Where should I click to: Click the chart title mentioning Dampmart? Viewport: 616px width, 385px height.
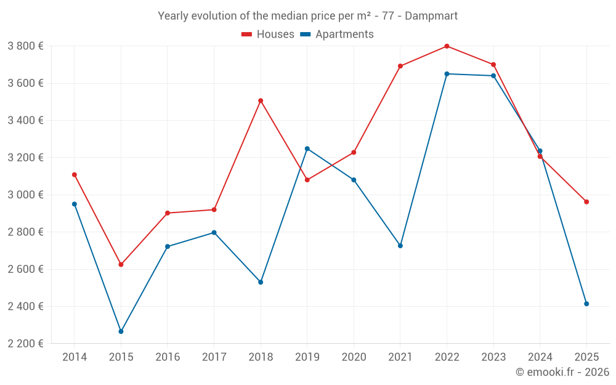coord(307,15)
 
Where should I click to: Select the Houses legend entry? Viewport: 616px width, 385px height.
coord(268,34)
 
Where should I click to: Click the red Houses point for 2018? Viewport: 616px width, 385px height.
coord(261,100)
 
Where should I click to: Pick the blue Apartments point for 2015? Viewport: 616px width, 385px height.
coord(121,331)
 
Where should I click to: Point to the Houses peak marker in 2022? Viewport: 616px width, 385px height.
coord(447,46)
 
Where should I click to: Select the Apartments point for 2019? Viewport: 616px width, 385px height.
coord(307,148)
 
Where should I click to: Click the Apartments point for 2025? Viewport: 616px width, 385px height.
coord(586,304)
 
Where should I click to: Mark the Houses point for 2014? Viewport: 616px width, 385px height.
coord(75,174)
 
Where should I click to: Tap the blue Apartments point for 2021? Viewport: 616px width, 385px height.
coord(400,246)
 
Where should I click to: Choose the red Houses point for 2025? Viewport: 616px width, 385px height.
coord(586,202)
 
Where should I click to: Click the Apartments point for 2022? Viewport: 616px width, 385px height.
coord(447,74)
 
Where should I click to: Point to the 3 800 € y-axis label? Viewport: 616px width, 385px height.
coord(25,46)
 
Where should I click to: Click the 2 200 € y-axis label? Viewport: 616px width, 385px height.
coord(25,344)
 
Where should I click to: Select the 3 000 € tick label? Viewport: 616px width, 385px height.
coord(25,195)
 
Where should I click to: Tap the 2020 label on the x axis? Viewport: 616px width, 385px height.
coord(354,357)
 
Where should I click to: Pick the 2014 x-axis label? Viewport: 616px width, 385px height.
coord(75,357)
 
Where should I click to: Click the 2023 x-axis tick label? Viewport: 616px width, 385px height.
coord(493,357)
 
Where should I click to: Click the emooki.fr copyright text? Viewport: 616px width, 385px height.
coord(562,372)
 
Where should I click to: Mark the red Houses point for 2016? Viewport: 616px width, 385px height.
coord(168,213)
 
